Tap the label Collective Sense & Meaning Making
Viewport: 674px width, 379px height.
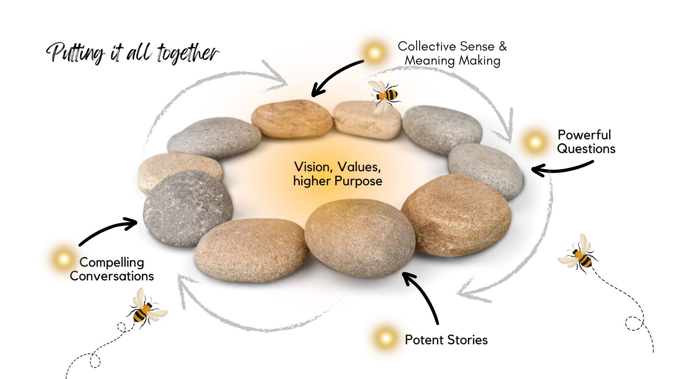tap(452, 53)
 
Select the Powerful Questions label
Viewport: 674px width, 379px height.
tap(586, 142)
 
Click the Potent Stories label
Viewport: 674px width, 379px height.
tap(446, 340)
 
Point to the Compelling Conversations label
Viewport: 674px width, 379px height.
tap(112, 269)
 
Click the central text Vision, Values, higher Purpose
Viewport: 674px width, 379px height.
tap(338, 174)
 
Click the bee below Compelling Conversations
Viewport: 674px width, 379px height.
tap(146, 308)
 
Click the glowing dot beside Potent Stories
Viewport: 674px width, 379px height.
tap(385, 338)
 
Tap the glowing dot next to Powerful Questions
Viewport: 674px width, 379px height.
tap(535, 142)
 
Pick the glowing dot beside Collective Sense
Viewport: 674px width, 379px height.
tap(375, 53)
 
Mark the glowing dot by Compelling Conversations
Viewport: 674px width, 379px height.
tap(64, 259)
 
